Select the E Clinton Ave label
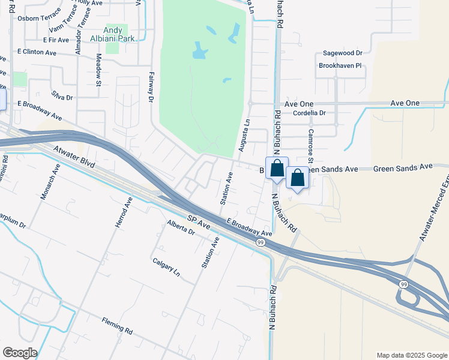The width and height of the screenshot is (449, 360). (37, 52)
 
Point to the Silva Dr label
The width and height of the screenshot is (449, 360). (62, 97)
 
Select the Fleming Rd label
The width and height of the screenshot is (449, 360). (116, 325)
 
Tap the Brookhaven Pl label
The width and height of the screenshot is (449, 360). (340, 65)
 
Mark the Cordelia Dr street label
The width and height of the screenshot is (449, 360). (309, 112)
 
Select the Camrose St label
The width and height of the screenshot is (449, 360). (310, 145)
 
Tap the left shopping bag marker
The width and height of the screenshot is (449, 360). (277, 169)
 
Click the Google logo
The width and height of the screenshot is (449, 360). (20, 353)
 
